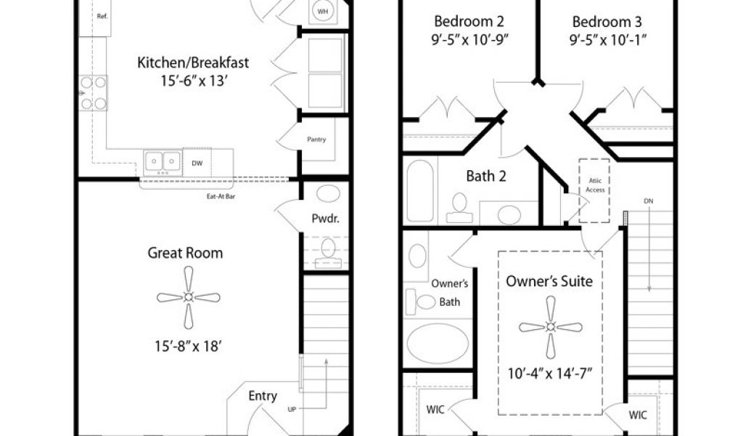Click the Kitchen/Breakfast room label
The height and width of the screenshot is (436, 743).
click(193, 62)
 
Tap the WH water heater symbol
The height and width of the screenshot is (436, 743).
click(323, 12)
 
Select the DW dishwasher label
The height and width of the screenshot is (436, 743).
click(197, 163)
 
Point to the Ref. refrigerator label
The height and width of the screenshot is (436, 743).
click(102, 16)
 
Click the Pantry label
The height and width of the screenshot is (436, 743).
click(316, 140)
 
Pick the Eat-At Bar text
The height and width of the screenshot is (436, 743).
click(221, 196)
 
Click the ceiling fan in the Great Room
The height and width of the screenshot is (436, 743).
click(189, 297)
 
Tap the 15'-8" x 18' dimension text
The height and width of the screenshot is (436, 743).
click(188, 347)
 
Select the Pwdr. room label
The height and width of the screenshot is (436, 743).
click(326, 219)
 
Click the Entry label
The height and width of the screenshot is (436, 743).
click(263, 396)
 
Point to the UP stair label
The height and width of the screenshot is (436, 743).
click(292, 409)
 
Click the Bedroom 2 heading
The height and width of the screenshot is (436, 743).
click(469, 21)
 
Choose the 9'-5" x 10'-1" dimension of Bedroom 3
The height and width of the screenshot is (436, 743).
click(608, 40)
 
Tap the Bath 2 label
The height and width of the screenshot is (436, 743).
click(486, 177)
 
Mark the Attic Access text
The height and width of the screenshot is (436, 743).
click(595, 185)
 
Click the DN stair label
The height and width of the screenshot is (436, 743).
click(649, 201)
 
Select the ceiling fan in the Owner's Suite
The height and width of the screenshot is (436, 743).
click(551, 327)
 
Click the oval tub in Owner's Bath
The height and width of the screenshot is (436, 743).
click(438, 344)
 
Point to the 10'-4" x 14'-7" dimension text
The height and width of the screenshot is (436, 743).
click(550, 374)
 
